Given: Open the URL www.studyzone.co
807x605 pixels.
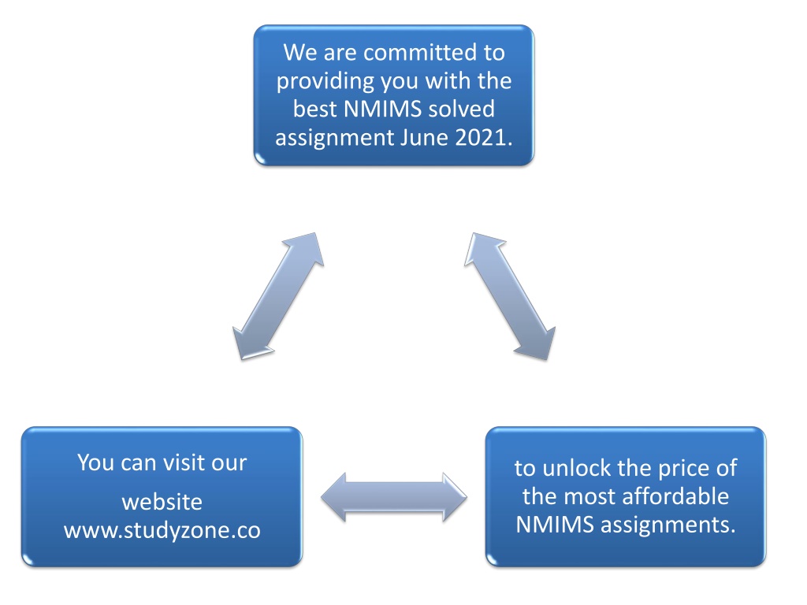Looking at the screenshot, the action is pos(162,530).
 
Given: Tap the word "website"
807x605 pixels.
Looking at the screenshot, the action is pos(162,502).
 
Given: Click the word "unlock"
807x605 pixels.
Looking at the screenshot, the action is pos(577,468).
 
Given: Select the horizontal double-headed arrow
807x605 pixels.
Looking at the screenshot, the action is pos(394,498).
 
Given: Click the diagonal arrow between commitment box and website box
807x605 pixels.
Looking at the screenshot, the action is pos(278,296).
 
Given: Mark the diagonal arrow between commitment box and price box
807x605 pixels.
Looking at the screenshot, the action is pos(510,296).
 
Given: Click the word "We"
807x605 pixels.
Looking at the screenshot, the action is pos(299,53).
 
